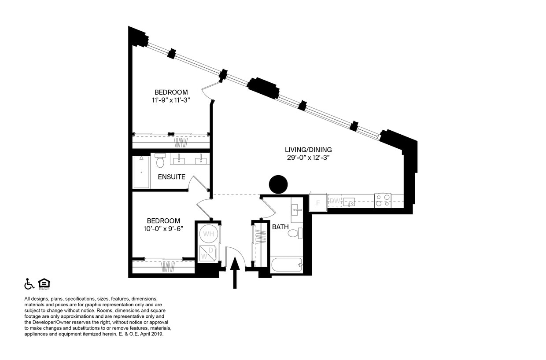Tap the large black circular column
point(278,184)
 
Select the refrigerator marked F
point(318,203)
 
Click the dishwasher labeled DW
point(335,201)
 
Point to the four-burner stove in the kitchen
point(383,201)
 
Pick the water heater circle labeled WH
point(208,234)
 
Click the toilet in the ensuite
point(160,162)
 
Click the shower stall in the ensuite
point(141,172)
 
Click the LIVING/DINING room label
point(308,150)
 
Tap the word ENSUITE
point(172,177)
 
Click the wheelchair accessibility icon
point(29,284)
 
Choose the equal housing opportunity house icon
point(44,284)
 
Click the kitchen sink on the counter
point(350,202)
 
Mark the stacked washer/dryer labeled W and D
point(207,253)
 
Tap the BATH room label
point(280,227)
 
